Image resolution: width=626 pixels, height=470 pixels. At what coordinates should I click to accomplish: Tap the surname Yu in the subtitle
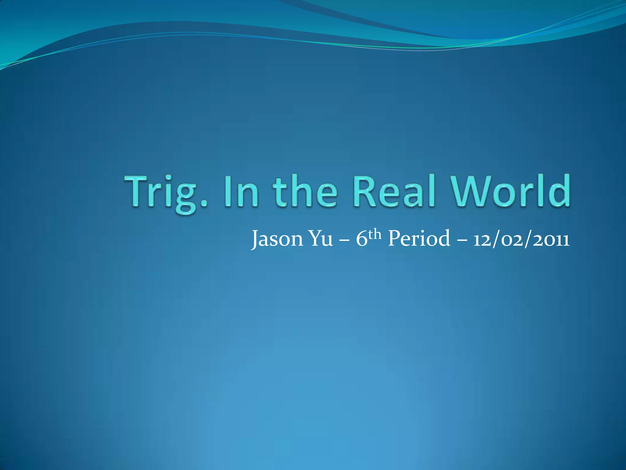(x=321, y=239)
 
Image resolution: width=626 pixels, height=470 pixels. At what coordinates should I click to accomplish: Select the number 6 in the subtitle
(x=361, y=239)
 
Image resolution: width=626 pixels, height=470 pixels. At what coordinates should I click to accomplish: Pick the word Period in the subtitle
(x=419, y=239)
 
